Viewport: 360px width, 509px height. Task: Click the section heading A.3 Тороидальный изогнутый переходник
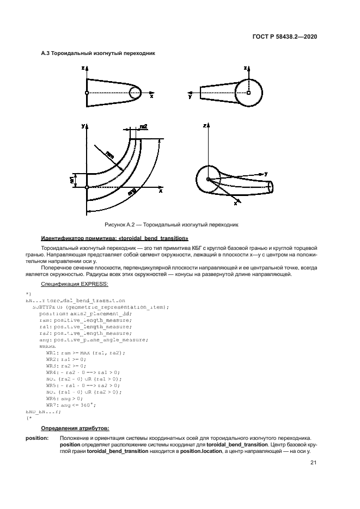pyautogui.click(x=98, y=54)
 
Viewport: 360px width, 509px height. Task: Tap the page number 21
pyautogui.click(x=313, y=463)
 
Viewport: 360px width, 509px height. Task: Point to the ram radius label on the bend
pyautogui.click(x=111, y=156)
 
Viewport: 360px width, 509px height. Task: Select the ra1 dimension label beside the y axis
pyautogui.click(x=72, y=179)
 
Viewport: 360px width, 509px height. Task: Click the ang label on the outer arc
pyautogui.click(x=132, y=191)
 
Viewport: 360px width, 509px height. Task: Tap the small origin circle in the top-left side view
pyautogui.click(x=87, y=93)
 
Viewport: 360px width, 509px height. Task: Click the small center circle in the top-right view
pyautogui.click(x=248, y=93)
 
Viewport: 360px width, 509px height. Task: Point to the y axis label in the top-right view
pyautogui.click(x=190, y=97)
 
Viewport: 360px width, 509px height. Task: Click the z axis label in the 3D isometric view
pyautogui.click(x=205, y=125)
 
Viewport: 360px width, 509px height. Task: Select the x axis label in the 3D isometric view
pyautogui.click(x=235, y=203)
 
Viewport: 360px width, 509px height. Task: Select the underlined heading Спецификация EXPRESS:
pyautogui.click(x=75, y=284)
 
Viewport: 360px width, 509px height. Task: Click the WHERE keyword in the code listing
pyautogui.click(x=47, y=346)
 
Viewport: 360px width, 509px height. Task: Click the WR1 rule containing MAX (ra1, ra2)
pyautogui.click(x=86, y=353)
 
